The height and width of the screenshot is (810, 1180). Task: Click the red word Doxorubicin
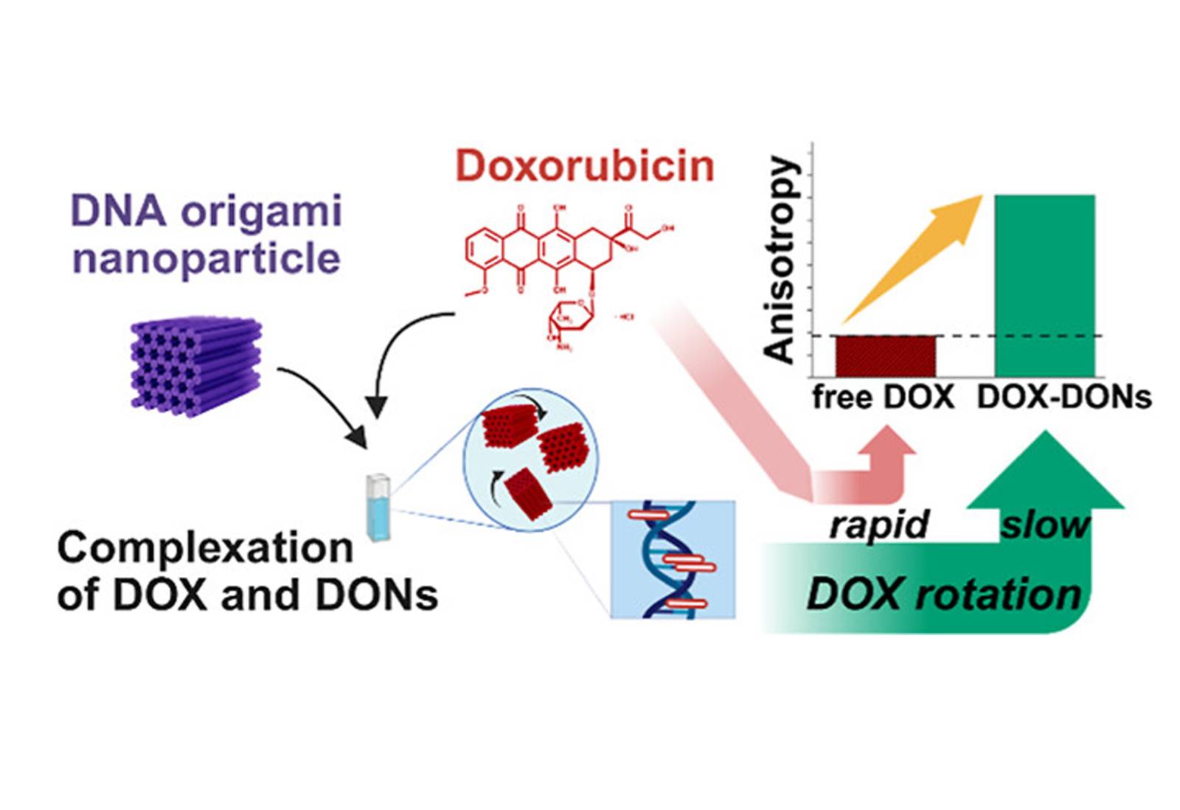click(585, 167)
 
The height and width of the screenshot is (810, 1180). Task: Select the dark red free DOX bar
click(885, 356)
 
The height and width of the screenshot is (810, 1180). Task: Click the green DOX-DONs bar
click(1044, 285)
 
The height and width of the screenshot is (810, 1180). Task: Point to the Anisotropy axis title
click(780, 260)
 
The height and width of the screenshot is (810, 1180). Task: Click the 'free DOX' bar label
click(883, 398)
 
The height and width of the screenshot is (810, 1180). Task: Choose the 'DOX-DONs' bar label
click(1063, 398)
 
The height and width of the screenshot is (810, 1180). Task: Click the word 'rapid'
click(878, 525)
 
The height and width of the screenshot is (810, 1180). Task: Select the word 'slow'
click(1044, 525)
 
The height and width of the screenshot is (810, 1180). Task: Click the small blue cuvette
click(378, 507)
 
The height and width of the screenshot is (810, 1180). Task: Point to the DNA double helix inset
click(673, 559)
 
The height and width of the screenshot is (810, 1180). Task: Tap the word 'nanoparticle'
click(206, 259)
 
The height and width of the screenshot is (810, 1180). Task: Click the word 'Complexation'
click(205, 548)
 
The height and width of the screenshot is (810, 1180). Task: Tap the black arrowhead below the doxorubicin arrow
click(377, 406)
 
